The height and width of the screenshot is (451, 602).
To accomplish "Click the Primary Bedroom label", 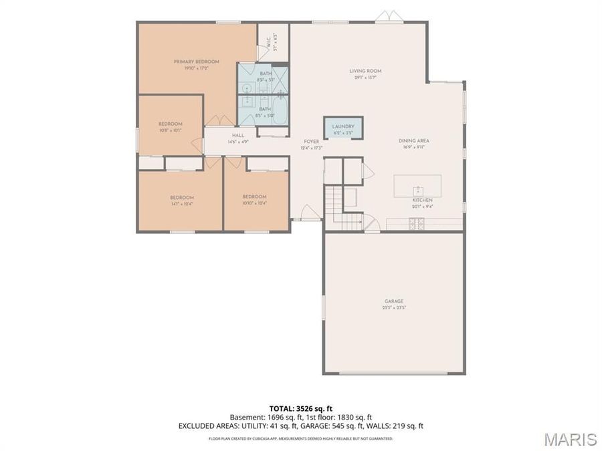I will point(197,62).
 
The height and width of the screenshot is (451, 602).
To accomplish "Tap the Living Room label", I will point(365,71).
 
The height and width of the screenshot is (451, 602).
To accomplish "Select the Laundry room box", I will point(343,128).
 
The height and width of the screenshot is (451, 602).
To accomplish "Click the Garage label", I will point(394,301).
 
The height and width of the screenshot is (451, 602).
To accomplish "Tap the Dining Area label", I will point(413,141).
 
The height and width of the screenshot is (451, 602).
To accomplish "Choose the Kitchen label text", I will point(422,200).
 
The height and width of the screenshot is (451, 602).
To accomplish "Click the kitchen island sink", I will point(417,188).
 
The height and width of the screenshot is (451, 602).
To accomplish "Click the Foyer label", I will point(312,142).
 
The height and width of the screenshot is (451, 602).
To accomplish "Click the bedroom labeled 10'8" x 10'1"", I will point(170,124).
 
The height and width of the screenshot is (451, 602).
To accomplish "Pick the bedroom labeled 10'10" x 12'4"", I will point(255,198).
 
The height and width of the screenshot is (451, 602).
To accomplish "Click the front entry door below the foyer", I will point(308,216).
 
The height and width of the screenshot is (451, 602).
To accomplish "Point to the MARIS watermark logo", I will point(570,439).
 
